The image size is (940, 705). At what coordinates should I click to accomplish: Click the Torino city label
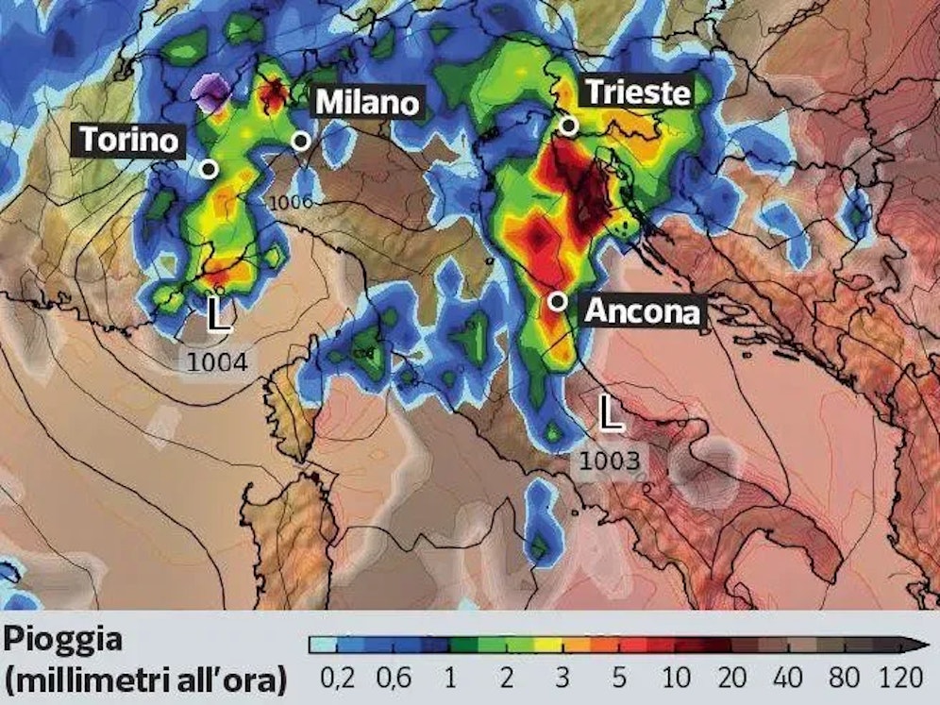128,140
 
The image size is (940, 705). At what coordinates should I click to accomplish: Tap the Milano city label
366,102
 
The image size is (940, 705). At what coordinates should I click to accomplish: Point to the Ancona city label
644,311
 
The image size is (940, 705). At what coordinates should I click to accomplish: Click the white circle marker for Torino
210,169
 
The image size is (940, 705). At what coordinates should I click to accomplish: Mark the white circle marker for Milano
301,141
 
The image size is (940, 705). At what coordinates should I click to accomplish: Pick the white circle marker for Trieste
567,126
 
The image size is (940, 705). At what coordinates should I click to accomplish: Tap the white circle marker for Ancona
558,301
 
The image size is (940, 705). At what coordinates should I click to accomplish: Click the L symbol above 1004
218,314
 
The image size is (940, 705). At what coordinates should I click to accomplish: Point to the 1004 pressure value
216,361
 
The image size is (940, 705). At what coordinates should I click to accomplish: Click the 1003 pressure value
610,462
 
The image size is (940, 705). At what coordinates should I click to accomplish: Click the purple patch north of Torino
210,92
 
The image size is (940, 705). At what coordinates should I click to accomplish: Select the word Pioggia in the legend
62,640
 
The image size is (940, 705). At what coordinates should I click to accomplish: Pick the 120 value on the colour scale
897,678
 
